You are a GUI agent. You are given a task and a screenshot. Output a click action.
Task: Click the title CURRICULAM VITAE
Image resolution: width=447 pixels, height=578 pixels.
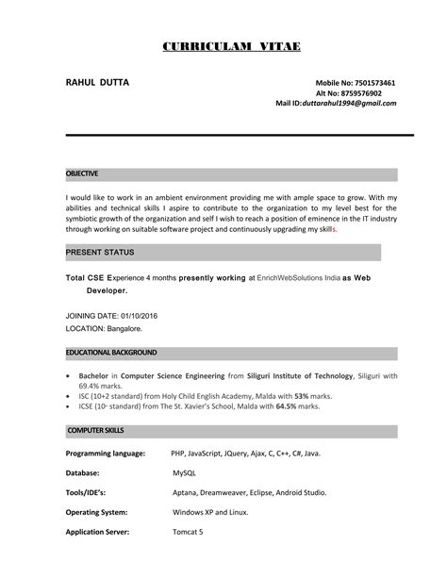[x=223, y=46]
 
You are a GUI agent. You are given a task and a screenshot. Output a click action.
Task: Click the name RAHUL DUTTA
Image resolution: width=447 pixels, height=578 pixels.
[x=97, y=84]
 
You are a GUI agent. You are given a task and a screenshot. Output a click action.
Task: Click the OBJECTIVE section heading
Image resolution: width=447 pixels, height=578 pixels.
[x=82, y=174]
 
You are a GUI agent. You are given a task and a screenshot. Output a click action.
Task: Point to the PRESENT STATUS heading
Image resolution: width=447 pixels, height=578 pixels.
[x=100, y=253]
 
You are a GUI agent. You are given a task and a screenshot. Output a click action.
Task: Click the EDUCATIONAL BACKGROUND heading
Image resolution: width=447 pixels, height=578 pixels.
[x=110, y=352]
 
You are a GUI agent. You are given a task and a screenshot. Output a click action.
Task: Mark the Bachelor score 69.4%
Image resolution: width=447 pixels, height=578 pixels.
[x=89, y=386]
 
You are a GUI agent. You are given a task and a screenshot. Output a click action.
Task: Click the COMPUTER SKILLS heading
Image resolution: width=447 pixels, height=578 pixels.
[x=96, y=430]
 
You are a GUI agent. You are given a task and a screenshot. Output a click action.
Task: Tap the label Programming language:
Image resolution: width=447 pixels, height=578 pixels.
[x=105, y=454]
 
